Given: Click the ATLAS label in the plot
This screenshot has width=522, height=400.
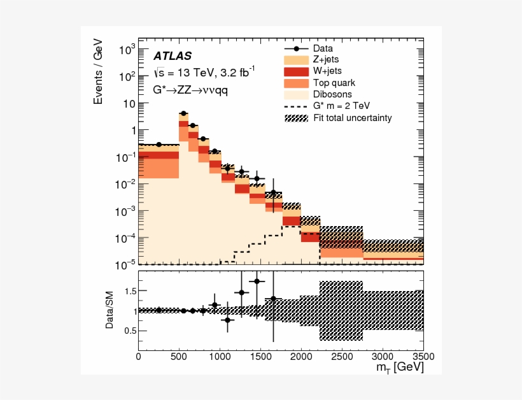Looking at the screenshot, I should (x=173, y=56).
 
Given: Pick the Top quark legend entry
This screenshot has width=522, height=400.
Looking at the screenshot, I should (x=334, y=83).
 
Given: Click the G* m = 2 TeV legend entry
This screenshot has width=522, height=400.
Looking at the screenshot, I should (x=341, y=106).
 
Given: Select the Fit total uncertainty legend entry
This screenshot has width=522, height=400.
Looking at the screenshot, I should (x=352, y=118).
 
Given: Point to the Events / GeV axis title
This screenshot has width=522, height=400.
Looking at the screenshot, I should (x=98, y=76).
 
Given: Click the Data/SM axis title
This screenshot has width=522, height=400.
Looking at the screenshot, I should (x=109, y=310).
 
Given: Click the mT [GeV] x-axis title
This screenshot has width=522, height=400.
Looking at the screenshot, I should (x=399, y=369).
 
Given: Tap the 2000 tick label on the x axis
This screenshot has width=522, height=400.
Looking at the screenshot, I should (x=301, y=356).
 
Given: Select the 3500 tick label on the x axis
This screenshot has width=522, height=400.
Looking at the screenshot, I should (x=422, y=356).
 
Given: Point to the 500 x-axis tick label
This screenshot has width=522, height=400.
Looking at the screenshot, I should (x=179, y=356).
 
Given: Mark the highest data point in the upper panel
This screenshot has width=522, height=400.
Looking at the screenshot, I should (x=183, y=113).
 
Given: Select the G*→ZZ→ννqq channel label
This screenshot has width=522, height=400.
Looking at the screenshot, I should (x=190, y=90).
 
